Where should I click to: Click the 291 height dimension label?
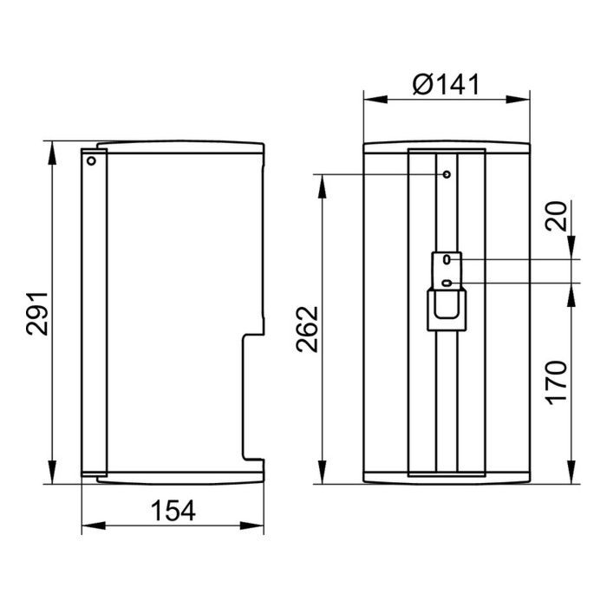pos(37,313)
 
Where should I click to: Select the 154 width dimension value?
pos(173,510)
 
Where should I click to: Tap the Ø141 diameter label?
pos(446,84)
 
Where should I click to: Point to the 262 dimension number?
pos(307,329)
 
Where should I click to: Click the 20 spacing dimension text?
pos(557,216)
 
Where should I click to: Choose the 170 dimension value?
pos(557,383)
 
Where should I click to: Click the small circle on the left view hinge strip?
pos(91,160)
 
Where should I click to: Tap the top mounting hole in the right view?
pos(447,174)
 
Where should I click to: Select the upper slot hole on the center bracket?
pos(447,259)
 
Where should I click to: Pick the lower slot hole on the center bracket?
pos(447,284)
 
